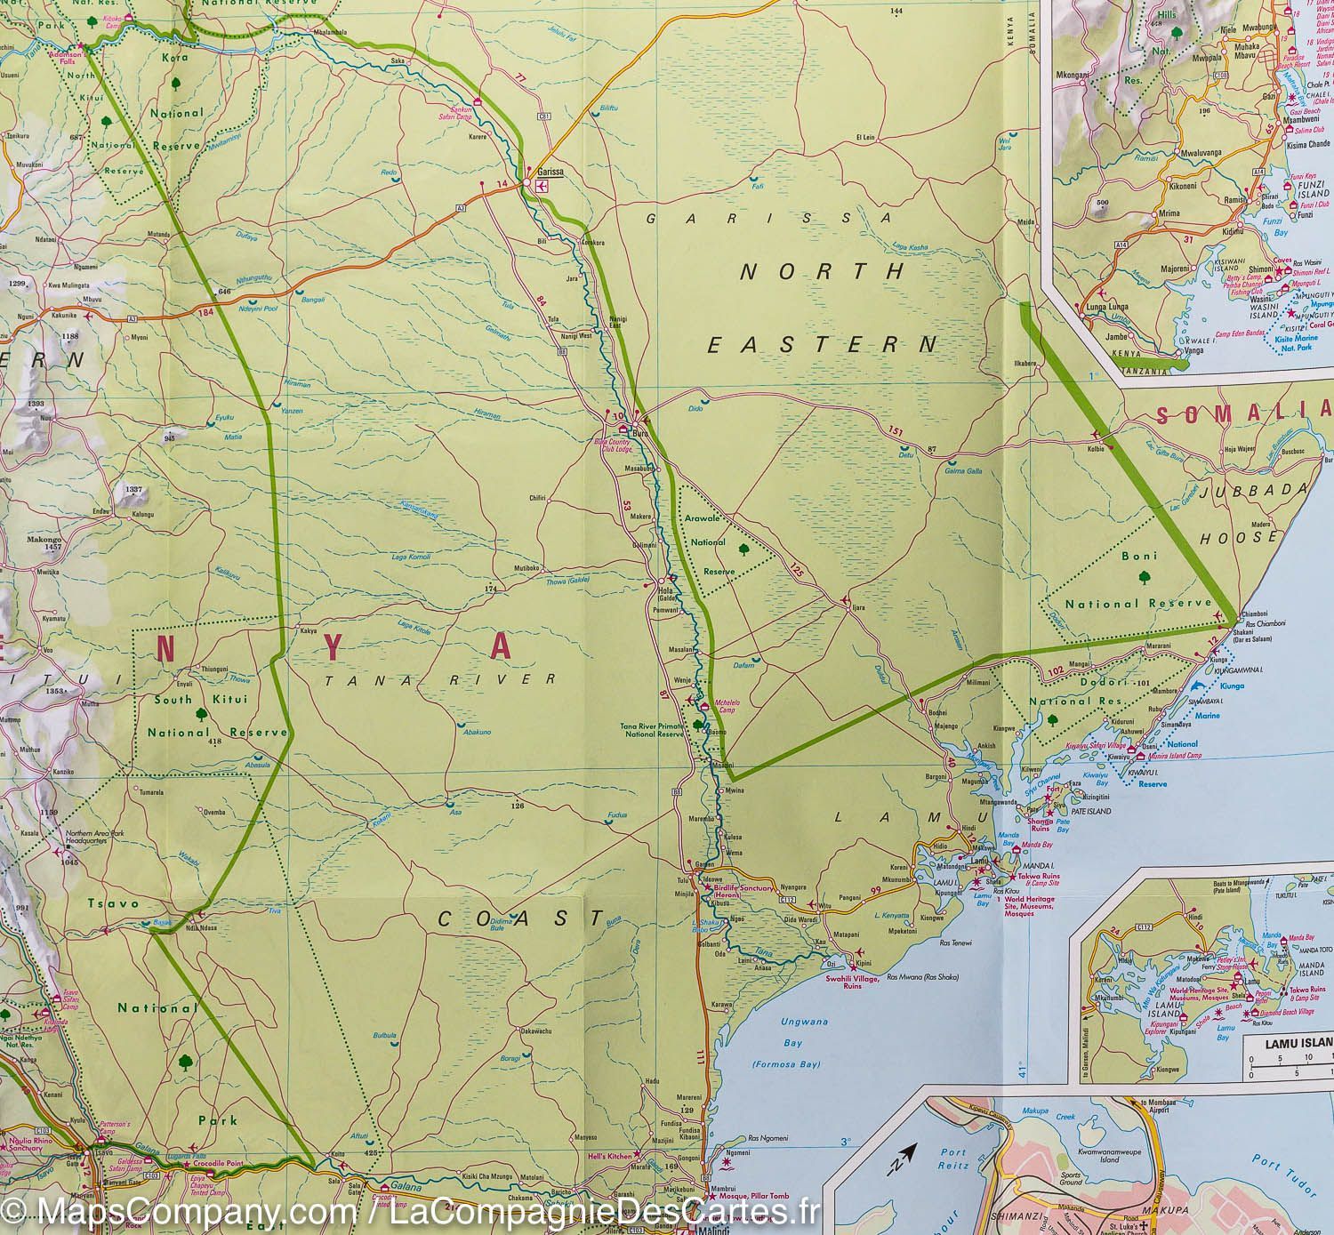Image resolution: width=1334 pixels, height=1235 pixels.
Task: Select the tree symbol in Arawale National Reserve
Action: (x=743, y=548)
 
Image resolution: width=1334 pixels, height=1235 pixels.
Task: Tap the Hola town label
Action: (x=662, y=589)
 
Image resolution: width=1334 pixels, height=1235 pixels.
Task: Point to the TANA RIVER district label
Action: (x=440, y=679)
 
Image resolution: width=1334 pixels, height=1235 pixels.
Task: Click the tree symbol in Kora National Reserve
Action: (x=177, y=84)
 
